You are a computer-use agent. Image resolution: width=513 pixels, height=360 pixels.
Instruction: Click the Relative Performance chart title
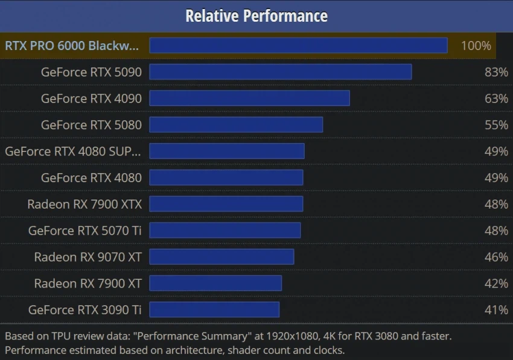tap(256, 16)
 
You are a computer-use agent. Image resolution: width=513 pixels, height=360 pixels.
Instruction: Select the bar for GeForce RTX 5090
tap(281, 72)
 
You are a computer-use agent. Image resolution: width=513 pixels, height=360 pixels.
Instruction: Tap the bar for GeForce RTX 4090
tap(249, 98)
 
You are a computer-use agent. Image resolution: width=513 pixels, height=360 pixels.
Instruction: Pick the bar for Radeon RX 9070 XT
tap(221, 257)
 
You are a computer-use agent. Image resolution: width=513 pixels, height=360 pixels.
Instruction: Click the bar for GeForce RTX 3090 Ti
tap(214, 310)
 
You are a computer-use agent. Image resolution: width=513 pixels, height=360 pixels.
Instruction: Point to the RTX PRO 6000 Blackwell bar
tap(298, 45)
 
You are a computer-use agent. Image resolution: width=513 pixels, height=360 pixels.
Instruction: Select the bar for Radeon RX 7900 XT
tap(215, 283)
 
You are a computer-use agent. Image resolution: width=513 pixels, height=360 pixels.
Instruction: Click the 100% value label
tap(476, 45)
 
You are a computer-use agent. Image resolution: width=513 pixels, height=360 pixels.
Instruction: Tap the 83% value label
tap(496, 72)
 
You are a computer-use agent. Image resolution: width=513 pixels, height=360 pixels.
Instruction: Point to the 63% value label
tap(496, 98)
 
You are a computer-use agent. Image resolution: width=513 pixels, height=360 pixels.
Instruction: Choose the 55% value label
tap(496, 125)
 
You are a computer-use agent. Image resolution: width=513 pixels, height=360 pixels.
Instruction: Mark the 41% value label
tap(496, 310)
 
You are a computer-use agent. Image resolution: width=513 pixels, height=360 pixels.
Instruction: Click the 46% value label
tap(496, 257)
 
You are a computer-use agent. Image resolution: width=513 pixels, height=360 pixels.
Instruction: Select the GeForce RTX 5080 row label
tap(91, 125)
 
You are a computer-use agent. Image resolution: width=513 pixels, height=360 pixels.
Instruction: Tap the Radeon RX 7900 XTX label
tap(84, 204)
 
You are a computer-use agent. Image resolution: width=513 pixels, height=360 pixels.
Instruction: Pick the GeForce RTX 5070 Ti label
tap(84, 230)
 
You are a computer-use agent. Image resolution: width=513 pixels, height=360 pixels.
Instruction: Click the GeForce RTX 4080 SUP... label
tap(73, 151)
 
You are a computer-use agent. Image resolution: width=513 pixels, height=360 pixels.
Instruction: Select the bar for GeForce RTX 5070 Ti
tap(225, 230)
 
